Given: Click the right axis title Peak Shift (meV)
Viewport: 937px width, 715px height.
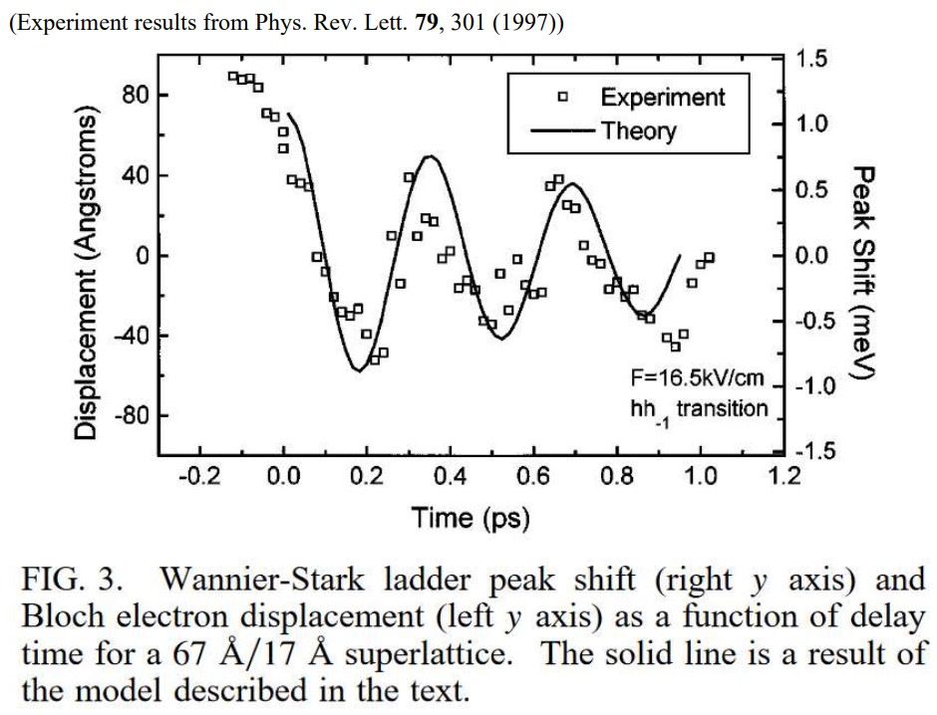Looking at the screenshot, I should tap(864, 271).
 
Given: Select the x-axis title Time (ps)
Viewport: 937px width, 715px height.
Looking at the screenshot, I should tap(470, 518).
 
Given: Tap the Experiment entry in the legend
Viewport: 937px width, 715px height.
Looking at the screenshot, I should tap(662, 97).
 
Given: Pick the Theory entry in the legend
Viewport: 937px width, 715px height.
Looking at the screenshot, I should tap(638, 130).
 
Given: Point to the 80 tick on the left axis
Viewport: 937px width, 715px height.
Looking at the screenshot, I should tap(136, 96).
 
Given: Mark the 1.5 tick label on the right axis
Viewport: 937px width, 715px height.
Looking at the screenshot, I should tap(813, 59).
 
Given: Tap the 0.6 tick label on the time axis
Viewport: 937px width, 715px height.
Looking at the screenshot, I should tap(533, 476).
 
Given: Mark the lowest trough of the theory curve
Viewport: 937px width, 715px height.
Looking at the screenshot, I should tap(357, 370).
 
